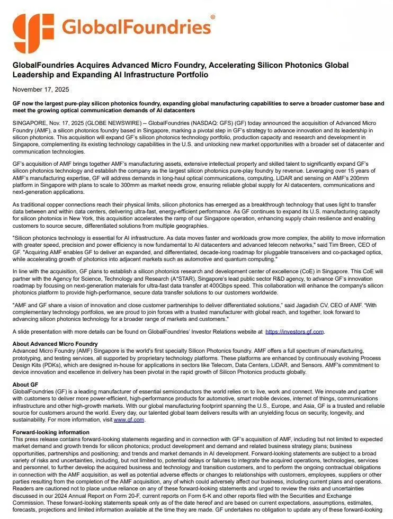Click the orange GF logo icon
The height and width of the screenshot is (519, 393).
[x=33, y=33]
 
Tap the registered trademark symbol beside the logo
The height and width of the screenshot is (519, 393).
[x=213, y=17]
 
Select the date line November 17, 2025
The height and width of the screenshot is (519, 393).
[x=41, y=90]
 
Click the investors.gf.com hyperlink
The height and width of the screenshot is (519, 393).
[x=294, y=332]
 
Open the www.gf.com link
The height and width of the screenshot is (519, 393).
[x=129, y=419]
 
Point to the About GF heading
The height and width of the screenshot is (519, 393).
[x=25, y=384]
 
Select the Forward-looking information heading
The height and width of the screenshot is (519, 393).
[x=51, y=432]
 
